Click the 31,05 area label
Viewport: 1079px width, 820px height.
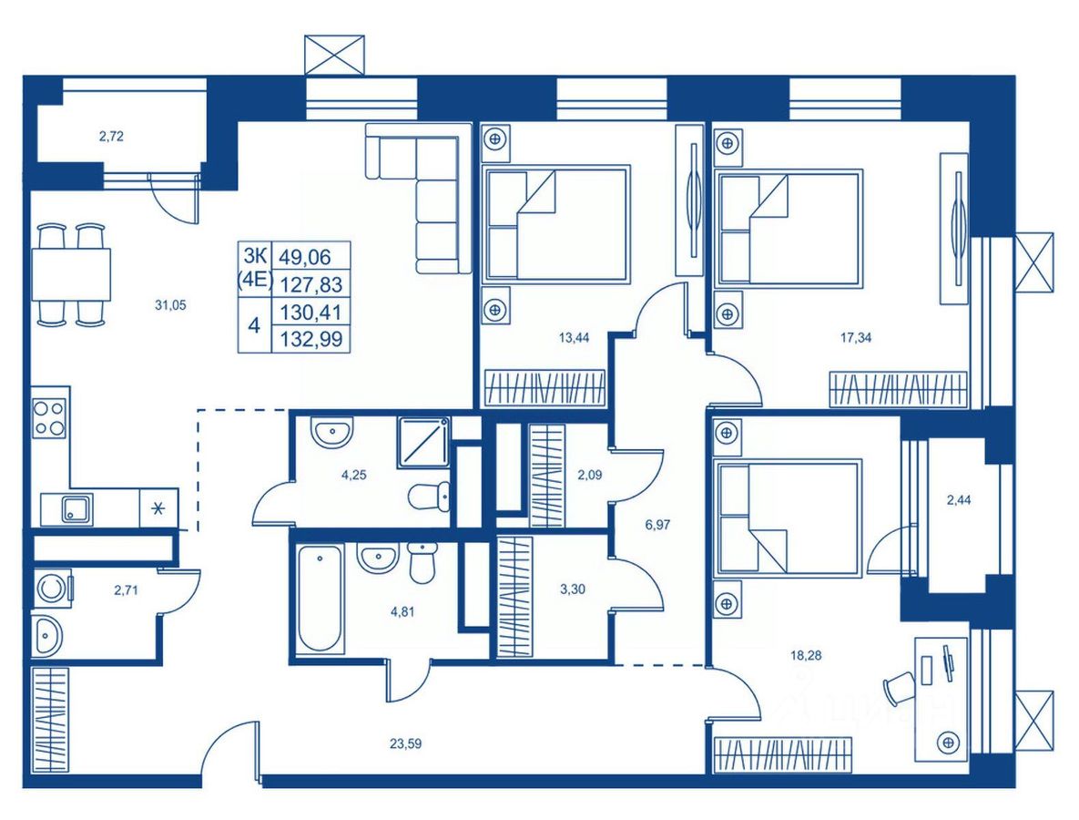[170, 306]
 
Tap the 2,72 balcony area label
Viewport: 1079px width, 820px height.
[111, 137]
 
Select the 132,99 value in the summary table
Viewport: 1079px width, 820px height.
[311, 339]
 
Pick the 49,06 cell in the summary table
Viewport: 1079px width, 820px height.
[305, 257]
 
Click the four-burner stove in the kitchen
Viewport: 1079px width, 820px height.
[50, 418]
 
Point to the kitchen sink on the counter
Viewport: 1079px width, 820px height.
[76, 509]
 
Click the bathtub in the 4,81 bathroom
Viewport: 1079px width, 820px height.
[320, 599]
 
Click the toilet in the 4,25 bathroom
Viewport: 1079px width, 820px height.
[430, 497]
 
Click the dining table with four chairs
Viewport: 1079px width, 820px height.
[71, 274]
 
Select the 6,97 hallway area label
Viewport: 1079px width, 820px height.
[657, 525]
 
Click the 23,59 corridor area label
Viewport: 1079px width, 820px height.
[405, 743]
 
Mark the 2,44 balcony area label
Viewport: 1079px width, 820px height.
[959, 500]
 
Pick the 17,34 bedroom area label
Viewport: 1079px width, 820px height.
[855, 338]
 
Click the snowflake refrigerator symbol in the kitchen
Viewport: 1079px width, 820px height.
[159, 508]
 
